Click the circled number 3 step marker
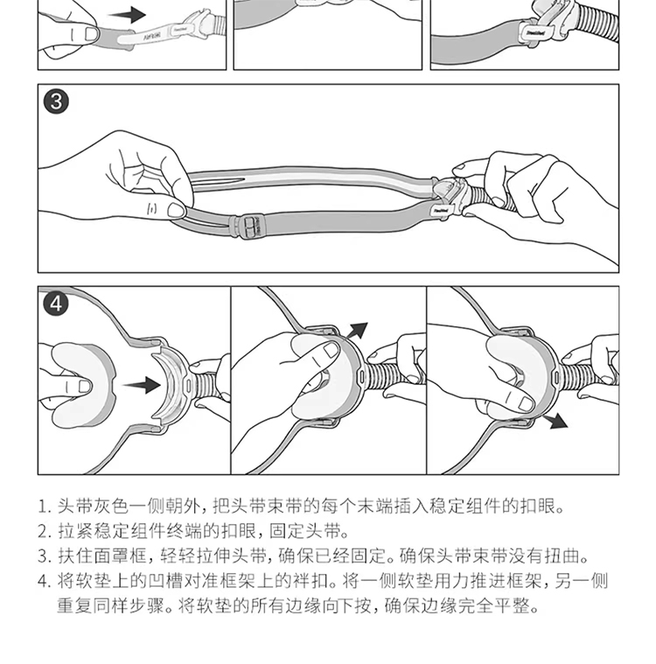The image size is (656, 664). point(56,101)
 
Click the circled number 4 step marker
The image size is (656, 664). point(56,304)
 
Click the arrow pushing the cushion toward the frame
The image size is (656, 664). point(142,385)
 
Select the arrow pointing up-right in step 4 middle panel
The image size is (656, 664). point(357,331)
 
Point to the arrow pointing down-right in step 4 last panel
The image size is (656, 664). point(555,421)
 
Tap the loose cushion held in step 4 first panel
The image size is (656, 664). point(81,385)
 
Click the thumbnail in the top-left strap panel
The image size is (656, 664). point(92,33)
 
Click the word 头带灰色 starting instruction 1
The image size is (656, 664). point(84,506)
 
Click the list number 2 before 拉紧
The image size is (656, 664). point(44,531)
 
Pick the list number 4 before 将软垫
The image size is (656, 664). point(44,581)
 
